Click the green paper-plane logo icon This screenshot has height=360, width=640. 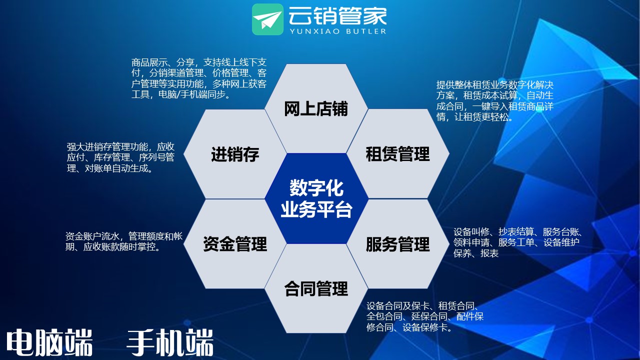[x=267, y=19]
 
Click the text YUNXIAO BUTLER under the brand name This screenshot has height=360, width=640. [x=338, y=31]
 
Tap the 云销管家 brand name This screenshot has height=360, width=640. [x=337, y=15]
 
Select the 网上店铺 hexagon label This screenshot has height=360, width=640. [x=315, y=109]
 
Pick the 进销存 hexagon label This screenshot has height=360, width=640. [x=235, y=154]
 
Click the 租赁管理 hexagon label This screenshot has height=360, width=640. [x=397, y=154]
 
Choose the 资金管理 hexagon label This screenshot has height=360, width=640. [x=235, y=244]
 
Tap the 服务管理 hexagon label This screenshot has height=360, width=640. [x=397, y=244]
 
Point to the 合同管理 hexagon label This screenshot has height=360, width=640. [x=316, y=288]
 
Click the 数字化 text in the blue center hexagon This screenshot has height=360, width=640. [x=316, y=188]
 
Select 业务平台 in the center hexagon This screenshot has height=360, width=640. [x=316, y=209]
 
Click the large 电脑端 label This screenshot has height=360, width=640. [x=49, y=342]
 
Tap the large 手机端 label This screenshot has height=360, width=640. [x=170, y=342]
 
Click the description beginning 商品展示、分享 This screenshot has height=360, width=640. [x=199, y=78]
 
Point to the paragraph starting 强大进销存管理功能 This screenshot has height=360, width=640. [x=120, y=157]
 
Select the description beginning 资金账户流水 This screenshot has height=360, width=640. [x=123, y=241]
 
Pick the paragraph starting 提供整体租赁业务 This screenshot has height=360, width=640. [x=495, y=101]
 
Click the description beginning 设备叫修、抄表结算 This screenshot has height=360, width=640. [x=517, y=242]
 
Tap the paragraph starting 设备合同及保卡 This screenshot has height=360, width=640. [x=425, y=316]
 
